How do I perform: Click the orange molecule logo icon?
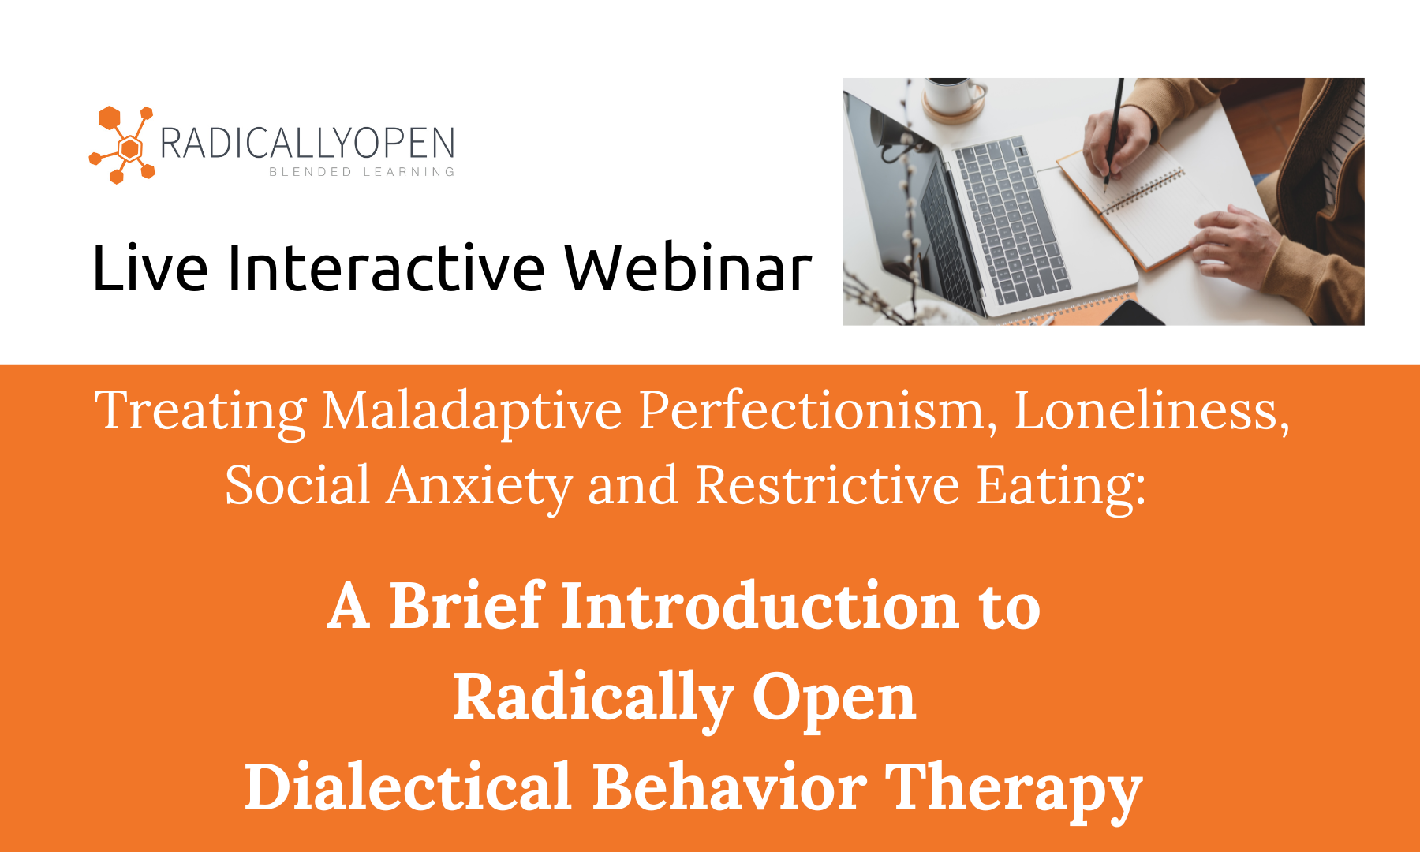(123, 145)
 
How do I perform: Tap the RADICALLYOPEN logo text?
(308, 144)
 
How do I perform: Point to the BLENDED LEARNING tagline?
(362, 172)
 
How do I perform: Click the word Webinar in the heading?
(688, 268)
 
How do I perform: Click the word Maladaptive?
(472, 411)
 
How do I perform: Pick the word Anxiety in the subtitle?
(479, 486)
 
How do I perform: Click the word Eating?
(1060, 486)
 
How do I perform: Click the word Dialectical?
(408, 787)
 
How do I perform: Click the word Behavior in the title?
(730, 787)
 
